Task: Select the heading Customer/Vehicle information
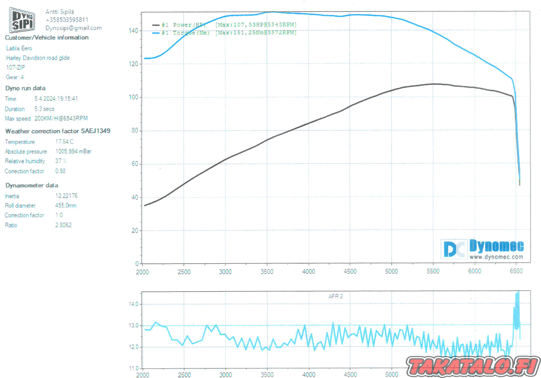coord(47,38)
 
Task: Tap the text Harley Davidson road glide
coord(38,58)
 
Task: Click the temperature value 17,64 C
coord(64,142)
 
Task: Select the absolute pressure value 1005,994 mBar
coord(73,151)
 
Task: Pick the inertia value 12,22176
coord(66,196)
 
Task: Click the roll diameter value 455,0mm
coord(66,206)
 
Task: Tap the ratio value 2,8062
coord(63,225)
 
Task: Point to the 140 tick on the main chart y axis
coord(133,31)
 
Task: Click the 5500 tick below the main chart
coord(433,271)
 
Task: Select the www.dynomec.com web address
coord(496,257)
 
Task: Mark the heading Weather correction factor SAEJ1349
coord(58,131)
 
